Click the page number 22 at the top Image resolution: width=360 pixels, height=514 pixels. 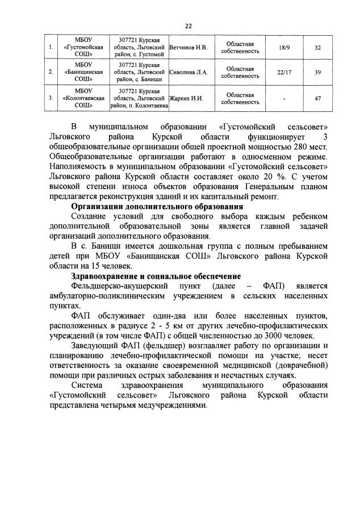[x=188, y=26]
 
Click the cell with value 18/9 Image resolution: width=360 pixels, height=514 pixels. [x=282, y=47]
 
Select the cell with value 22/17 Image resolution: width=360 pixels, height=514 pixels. [x=282, y=73]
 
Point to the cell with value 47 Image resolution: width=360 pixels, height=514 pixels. [x=317, y=98]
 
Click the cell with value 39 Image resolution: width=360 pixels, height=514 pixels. [x=317, y=73]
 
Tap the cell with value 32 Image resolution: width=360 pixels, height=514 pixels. [x=317, y=47]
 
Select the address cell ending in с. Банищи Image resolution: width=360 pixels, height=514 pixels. [x=141, y=73]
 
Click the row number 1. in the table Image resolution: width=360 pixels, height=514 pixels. [x=51, y=47]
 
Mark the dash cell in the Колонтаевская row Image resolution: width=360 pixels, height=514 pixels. [x=282, y=98]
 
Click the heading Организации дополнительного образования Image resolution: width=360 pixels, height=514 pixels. [x=157, y=207]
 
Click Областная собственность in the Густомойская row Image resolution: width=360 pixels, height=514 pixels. [x=240, y=47]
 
